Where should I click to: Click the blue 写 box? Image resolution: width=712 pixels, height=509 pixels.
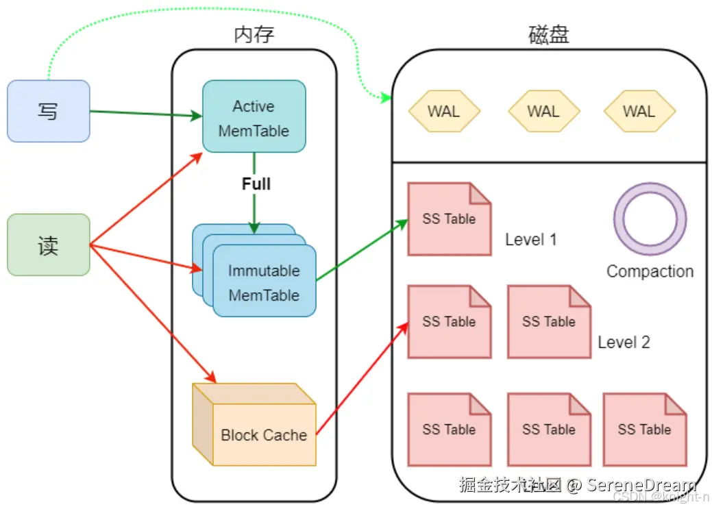pos(48,111)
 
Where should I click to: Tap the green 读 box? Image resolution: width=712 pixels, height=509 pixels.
pos(48,245)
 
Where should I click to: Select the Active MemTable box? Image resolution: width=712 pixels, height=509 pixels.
pos(254,116)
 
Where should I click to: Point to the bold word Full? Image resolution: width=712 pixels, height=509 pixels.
pos(256,184)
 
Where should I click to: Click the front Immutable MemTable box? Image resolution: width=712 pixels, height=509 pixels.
pos(265,282)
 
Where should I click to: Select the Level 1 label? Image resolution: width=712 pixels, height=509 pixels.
pos(530,239)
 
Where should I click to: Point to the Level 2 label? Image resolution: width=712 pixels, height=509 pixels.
pos(624,342)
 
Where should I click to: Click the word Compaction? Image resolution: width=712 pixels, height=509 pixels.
pos(650,271)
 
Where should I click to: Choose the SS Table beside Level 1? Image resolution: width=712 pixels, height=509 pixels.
pos(449,219)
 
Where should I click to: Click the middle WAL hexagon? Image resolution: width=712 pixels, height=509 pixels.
pos(543,111)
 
